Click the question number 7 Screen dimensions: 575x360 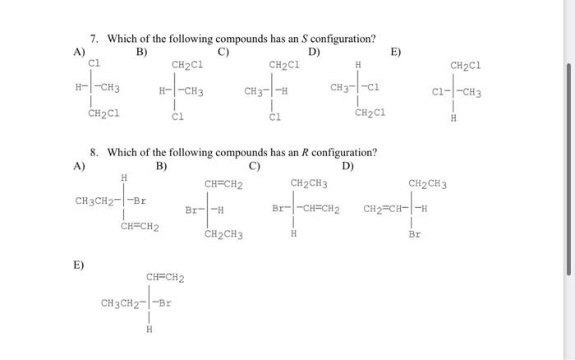(x=94, y=39)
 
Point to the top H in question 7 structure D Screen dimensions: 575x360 (x=357, y=64)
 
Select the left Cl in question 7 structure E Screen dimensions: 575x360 (x=439, y=91)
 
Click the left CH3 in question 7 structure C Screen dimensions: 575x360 (x=254, y=91)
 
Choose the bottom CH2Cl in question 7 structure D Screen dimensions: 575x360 (x=369, y=113)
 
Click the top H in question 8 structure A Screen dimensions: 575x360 (x=124, y=176)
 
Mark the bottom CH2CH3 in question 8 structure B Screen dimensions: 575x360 (x=223, y=235)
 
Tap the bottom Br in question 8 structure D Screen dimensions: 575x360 (x=414, y=234)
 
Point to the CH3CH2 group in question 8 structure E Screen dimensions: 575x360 (x=118, y=303)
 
